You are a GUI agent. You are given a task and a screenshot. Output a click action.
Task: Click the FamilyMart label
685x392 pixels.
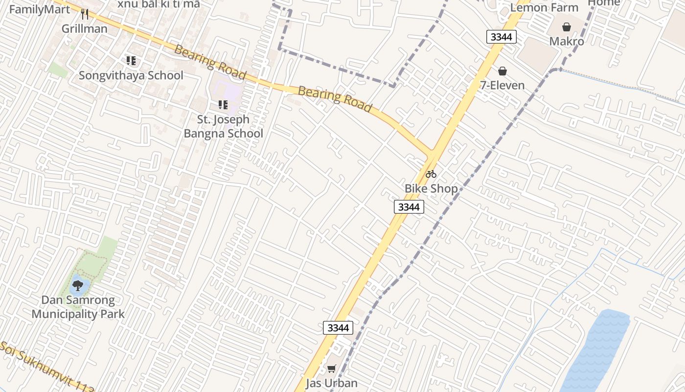click(40, 9)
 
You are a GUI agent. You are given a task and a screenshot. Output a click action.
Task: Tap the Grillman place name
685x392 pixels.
click(84, 28)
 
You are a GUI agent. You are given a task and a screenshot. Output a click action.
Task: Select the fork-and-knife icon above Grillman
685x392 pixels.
click(85, 14)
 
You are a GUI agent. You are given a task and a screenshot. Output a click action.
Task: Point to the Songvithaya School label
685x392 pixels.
click(131, 75)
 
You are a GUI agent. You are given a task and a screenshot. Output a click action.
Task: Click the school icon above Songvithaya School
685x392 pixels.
click(131, 61)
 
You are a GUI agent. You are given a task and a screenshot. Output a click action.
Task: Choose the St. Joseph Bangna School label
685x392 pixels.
click(223, 126)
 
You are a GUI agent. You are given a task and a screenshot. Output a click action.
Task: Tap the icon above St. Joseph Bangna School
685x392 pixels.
click(223, 104)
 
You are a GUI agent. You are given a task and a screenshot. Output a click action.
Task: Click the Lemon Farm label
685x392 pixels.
click(544, 7)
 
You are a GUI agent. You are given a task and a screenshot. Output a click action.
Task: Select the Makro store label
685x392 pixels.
click(567, 41)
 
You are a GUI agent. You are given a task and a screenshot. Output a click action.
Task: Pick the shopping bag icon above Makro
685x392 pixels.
click(567, 26)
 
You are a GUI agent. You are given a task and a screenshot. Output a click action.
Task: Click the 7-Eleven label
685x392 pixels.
click(502, 85)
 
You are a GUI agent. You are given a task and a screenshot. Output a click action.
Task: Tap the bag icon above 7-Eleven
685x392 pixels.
click(502, 71)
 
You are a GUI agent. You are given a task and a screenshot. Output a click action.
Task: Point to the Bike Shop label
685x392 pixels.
click(431, 188)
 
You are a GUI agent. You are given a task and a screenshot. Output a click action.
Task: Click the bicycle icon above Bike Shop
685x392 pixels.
click(431, 173)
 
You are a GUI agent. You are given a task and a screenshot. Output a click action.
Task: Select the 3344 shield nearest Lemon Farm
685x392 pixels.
click(502, 36)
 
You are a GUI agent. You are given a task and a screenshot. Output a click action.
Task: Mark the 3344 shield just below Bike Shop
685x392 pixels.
click(409, 207)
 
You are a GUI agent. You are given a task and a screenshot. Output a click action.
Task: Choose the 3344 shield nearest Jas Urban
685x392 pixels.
click(338, 328)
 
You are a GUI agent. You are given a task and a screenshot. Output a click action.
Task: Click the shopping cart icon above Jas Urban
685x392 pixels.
click(332, 368)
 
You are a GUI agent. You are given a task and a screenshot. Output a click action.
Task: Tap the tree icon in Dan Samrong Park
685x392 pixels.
click(77, 285)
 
